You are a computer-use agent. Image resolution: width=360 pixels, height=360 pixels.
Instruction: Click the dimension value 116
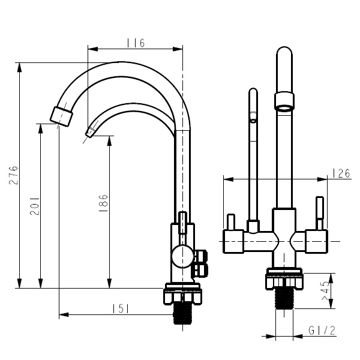coord(136,43)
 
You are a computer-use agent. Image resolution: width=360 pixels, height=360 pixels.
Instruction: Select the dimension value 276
coord(14,175)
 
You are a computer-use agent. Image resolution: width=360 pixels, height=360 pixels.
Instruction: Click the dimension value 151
coord(122,308)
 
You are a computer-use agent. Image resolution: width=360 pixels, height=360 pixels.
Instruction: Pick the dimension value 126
coord(341,174)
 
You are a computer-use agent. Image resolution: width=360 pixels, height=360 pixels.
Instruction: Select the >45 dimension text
coord(325,291)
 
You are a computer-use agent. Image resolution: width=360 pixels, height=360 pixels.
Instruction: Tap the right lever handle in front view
coord(320,213)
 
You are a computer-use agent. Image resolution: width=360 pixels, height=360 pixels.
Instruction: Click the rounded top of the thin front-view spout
coord(253,92)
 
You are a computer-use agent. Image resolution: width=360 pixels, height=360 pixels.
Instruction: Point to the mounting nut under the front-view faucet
coord(284,281)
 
